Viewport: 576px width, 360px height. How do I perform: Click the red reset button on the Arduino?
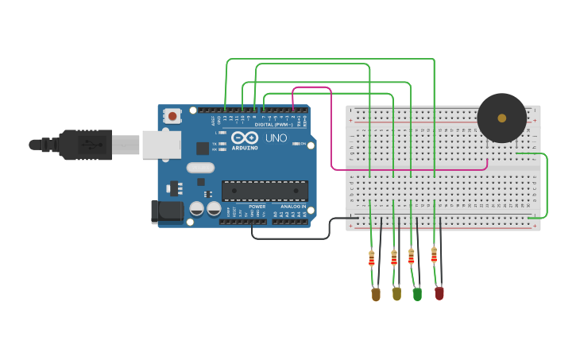172,116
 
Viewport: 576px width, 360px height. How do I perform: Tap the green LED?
417,294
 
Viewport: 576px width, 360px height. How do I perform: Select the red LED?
439,293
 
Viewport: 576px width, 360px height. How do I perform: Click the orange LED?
376,295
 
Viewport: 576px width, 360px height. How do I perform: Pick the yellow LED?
396,294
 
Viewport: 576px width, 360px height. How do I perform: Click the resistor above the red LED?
434,255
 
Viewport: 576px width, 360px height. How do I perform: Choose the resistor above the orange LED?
372,258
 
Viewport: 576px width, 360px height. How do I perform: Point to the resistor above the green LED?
411,257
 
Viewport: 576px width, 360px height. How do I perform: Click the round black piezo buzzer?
501,118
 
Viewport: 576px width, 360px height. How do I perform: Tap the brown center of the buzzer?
501,118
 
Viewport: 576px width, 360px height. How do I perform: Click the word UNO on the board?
276,138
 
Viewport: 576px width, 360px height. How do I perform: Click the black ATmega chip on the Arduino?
265,191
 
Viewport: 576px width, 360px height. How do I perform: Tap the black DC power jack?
167,211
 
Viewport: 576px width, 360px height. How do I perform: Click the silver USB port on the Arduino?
161,145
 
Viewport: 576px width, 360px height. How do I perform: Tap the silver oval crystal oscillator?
201,168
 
